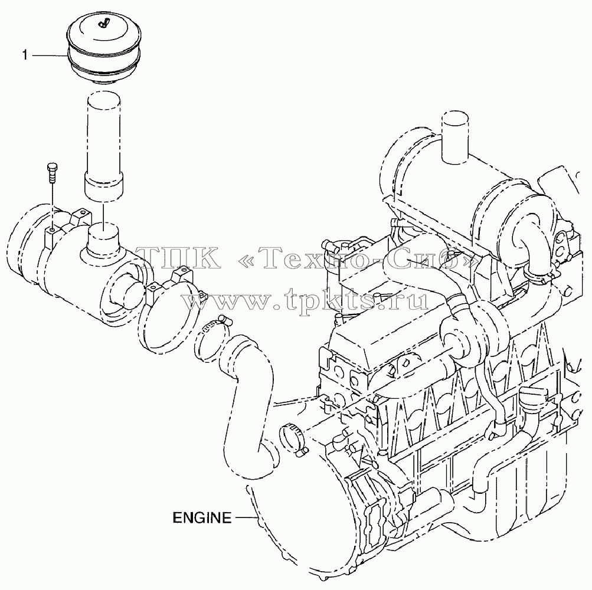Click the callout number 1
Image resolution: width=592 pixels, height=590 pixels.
click(x=25, y=55)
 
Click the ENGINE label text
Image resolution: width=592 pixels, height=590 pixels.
click(x=202, y=517)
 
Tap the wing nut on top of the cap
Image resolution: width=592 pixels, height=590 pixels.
click(x=102, y=24)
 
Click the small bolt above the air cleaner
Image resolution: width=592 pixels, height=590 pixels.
click(x=52, y=173)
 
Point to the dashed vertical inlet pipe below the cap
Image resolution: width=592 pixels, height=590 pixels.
click(x=104, y=147)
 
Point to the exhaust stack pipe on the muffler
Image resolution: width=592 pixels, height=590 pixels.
click(x=455, y=138)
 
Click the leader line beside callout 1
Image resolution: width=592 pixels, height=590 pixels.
click(x=50, y=56)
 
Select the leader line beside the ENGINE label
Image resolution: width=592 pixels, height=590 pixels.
click(x=247, y=517)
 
